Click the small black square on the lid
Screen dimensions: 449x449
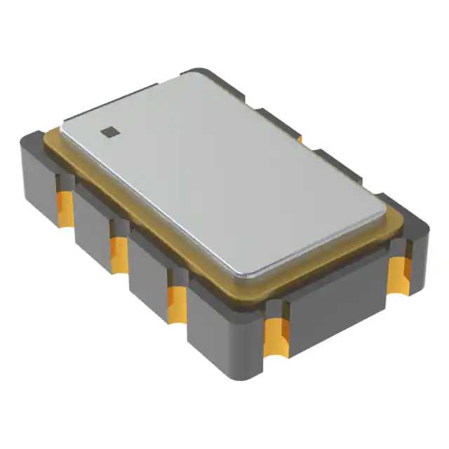(x=108, y=130)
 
